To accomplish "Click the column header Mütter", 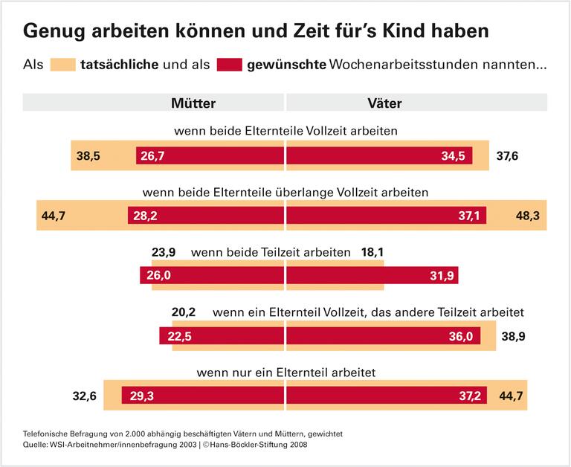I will tap(193, 103).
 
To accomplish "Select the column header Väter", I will tap(384, 103).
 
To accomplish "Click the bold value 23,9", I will tap(163, 253).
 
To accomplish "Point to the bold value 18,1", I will tap(372, 253).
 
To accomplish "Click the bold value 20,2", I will tap(184, 312).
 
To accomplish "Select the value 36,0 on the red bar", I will tap(459, 336).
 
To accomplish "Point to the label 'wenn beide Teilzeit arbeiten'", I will tap(271, 253).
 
